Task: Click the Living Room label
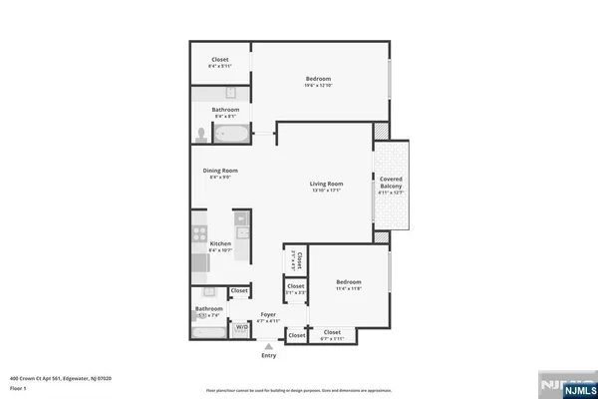point(326,184)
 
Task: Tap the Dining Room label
point(220,171)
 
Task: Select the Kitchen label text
point(220,243)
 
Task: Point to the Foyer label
point(268,314)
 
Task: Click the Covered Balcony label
point(391,184)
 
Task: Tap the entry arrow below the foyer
point(268,346)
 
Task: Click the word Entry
point(268,356)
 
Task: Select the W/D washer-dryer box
point(241,327)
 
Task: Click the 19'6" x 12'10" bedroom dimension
point(319,86)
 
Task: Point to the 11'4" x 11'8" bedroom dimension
point(348,289)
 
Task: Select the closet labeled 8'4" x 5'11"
point(219,66)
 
